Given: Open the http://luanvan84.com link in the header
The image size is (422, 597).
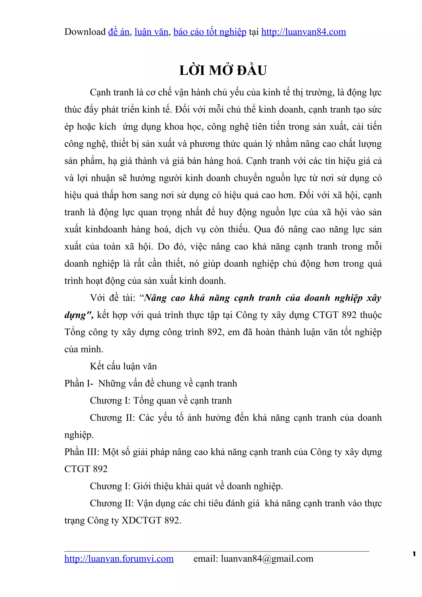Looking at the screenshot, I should coord(304,32).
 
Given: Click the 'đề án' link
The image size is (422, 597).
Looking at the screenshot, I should coord(118,32).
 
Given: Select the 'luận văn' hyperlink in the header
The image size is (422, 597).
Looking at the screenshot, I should coord(151,32).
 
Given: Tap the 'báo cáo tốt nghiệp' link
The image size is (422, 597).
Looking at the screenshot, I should coord(210,32).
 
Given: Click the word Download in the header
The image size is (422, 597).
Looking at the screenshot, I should coord(85,32).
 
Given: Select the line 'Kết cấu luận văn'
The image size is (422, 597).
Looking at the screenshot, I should coord(123,366).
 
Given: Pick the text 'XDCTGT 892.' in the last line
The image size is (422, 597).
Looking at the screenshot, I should coord(151,520).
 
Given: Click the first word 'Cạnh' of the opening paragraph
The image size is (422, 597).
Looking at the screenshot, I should coord(101,92).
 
